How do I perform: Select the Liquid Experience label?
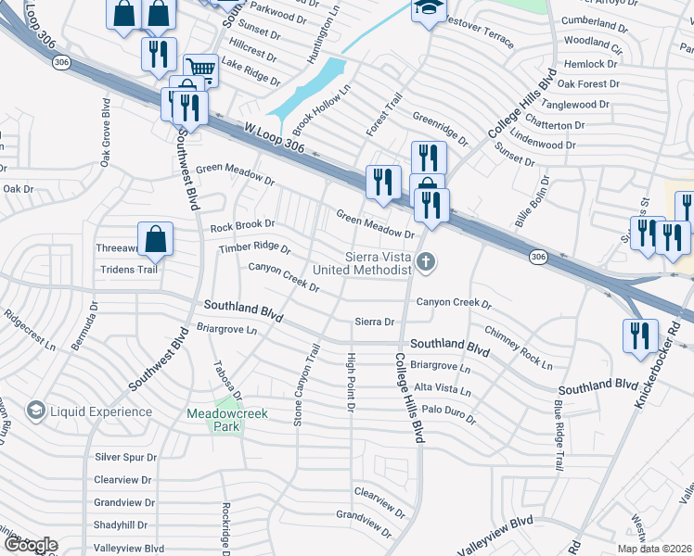[101, 411]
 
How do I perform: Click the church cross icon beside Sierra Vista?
[426, 262]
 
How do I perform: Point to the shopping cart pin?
[200, 68]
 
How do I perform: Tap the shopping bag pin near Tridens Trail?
[156, 240]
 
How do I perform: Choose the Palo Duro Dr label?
[448, 413]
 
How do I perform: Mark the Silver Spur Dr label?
[126, 457]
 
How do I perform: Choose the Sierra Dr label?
[375, 322]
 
